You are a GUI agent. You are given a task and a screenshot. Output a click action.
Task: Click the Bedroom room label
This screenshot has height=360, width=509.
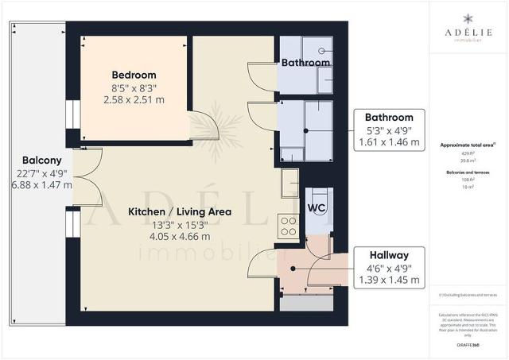point(134,75)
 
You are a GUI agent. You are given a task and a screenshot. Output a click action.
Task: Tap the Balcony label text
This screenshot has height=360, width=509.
point(37,158)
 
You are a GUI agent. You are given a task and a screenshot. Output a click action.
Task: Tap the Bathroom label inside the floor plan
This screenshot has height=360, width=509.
point(305,63)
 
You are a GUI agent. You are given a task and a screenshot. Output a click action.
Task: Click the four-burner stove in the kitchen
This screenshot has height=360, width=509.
point(288,226)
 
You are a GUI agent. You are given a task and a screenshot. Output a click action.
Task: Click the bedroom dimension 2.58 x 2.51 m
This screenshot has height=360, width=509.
point(134,100)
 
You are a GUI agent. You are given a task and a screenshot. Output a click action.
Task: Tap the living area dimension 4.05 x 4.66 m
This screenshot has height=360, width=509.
point(180,236)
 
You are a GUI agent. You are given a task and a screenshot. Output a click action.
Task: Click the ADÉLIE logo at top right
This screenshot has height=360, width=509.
point(469,30)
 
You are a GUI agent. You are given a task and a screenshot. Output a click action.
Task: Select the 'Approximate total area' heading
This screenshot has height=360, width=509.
point(468,145)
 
